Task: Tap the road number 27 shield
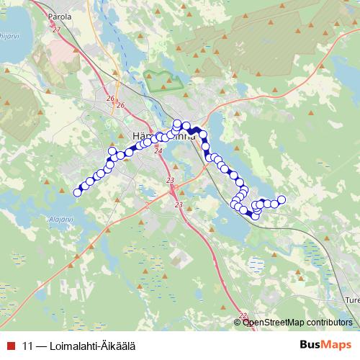(56, 29)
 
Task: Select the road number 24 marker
(158, 153)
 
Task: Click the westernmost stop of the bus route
(78, 192)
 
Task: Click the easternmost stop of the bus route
(282, 199)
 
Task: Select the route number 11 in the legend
(28, 346)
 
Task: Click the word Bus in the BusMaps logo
(311, 345)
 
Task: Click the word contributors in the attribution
(327, 323)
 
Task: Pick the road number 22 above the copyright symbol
(243, 315)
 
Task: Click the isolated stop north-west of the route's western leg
(112, 151)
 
